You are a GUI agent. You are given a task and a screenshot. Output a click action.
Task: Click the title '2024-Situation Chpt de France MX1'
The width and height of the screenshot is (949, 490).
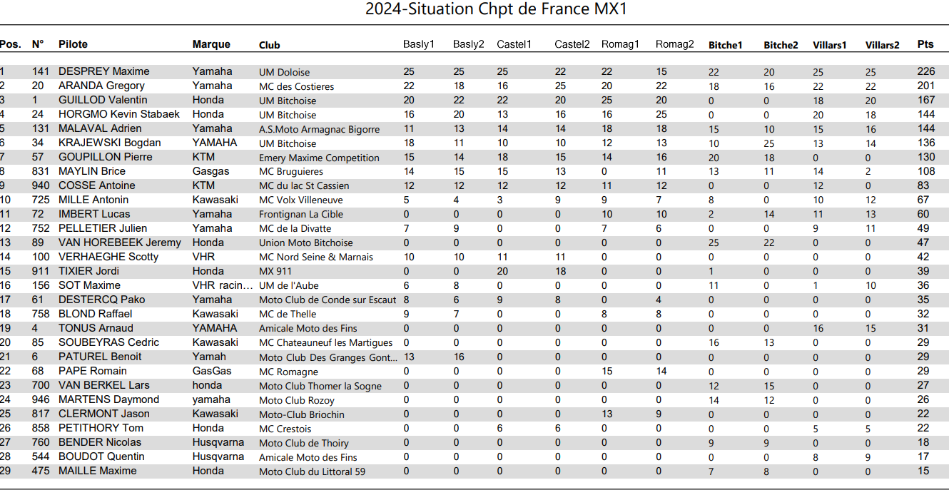tap(496, 9)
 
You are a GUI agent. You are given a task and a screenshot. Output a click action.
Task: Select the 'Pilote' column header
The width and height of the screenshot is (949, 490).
tap(73, 44)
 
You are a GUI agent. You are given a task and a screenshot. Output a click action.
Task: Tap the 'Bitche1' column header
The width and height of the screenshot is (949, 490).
tap(725, 46)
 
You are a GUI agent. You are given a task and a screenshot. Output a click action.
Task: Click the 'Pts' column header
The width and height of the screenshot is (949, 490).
tap(925, 44)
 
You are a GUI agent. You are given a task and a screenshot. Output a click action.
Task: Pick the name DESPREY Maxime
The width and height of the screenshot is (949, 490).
tap(103, 71)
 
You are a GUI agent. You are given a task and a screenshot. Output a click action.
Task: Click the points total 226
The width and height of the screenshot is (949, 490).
tap(925, 71)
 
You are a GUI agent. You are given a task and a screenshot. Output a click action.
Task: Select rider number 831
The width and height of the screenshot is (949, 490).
tap(41, 171)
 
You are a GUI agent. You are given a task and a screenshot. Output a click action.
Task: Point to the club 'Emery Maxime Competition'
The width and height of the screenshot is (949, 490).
tap(319, 158)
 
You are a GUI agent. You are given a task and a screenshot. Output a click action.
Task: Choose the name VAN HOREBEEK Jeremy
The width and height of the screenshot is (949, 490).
tap(119, 243)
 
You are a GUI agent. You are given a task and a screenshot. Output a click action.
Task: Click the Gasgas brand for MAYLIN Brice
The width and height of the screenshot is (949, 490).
tap(210, 171)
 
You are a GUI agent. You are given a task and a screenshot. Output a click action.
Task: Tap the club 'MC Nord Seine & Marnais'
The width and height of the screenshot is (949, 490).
tap(316, 257)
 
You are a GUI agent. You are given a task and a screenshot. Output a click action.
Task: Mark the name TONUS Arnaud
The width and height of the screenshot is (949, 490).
tap(96, 328)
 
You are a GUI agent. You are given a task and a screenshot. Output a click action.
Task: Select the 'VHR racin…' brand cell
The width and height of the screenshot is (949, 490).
tap(223, 285)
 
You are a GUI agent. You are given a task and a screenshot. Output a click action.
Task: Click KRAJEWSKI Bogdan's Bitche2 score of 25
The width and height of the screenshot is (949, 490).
tap(769, 143)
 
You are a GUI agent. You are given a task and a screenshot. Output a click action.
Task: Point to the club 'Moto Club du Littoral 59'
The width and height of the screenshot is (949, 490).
tap(312, 471)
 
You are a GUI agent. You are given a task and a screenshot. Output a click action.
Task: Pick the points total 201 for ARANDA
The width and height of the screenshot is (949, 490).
tap(925, 86)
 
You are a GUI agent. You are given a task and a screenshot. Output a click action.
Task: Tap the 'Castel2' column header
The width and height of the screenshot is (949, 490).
tap(572, 44)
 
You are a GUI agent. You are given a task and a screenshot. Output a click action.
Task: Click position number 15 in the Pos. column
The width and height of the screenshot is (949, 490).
tap(6, 271)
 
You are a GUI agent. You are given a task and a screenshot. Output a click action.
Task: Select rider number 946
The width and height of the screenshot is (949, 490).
tap(41, 399)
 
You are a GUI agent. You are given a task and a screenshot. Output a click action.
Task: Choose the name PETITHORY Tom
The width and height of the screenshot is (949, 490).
tap(101, 428)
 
